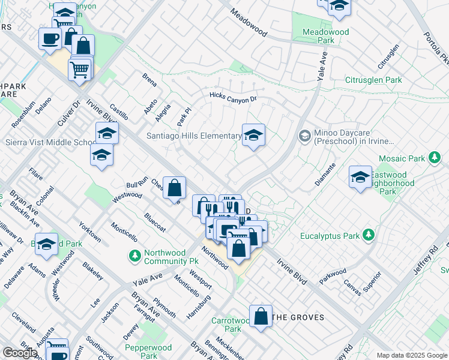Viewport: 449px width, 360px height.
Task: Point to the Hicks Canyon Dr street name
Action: pos(233,97)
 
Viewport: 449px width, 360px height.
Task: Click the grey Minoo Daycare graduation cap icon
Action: pos(305,136)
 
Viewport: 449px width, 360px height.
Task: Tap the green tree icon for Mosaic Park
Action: pos(435,158)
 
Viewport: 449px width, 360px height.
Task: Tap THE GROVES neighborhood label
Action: pos(298,317)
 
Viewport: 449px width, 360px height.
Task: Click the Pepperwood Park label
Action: pos(148,352)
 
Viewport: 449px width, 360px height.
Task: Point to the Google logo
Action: pos(20,353)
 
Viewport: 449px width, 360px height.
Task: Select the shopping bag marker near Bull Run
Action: pos(173,188)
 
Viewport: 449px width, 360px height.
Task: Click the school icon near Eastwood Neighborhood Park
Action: pos(360,177)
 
